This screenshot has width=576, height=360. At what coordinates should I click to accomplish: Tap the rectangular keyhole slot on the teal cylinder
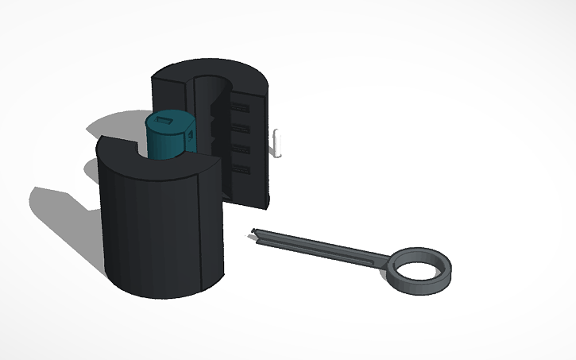[x=165, y=120]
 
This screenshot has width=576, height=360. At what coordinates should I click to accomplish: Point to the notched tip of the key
[x=256, y=233]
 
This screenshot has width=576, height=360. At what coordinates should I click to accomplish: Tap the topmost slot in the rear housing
[x=242, y=106]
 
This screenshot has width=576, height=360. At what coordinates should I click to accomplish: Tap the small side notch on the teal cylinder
[x=192, y=138]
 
